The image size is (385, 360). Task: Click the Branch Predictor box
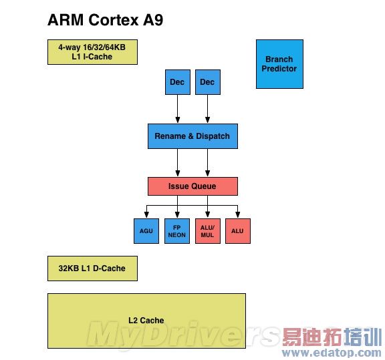[279, 64]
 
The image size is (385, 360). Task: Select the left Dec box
[177, 82]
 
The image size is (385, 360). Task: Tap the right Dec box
[207, 82]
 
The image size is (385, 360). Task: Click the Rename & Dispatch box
[192, 136]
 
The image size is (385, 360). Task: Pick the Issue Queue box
[192, 186]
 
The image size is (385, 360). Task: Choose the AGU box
[146, 231]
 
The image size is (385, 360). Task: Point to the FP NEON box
[176, 231]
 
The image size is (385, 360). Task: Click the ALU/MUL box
[207, 231]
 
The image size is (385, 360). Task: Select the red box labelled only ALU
[237, 231]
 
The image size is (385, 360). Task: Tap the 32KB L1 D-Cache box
[92, 268]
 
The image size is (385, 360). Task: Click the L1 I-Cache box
[92, 52]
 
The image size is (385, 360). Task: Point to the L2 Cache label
[146, 321]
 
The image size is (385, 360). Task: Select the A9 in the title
[152, 21]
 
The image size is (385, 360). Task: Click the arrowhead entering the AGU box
[146, 215]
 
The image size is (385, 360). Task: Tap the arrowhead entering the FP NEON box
[176, 215]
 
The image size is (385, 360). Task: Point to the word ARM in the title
[65, 21]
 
